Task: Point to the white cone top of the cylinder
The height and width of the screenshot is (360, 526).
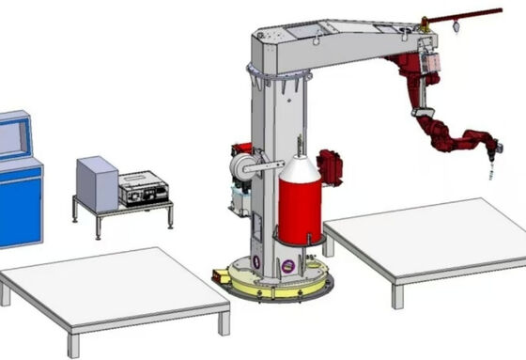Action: [300, 169]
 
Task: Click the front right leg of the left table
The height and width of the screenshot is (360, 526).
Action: [224, 322]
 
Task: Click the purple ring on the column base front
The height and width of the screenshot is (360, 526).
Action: [287, 266]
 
